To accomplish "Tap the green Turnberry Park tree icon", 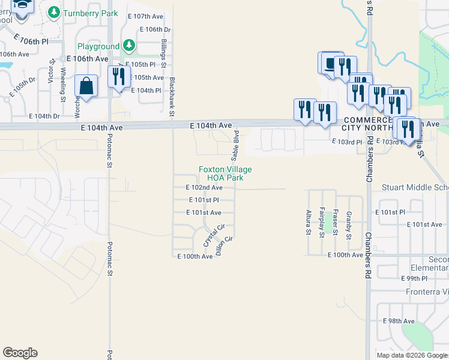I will click(53, 12).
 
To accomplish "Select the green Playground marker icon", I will click(128, 46).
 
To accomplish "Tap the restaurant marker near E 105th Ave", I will click(118, 77).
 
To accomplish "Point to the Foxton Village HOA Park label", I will click(225, 174).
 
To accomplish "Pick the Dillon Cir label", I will click(224, 246).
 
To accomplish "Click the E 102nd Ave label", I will click(204, 188).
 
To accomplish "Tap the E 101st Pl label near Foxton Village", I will click(203, 200).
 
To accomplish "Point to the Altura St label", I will click(309, 221).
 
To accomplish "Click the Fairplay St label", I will click(322, 221).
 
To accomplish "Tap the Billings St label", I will click(163, 53).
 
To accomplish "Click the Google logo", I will click(20, 353).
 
